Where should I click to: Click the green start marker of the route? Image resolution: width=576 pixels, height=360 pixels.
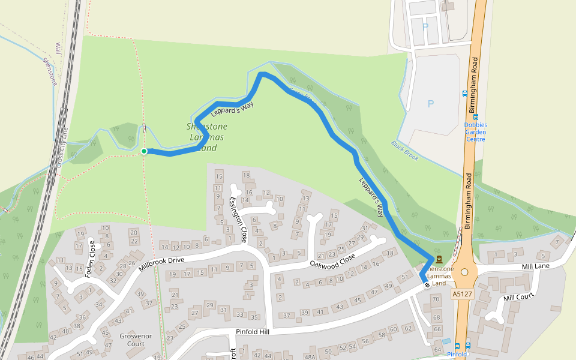(x=144, y=151)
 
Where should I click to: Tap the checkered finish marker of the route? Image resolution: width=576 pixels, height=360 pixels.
(x=427, y=284)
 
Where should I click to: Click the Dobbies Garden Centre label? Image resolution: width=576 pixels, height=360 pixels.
(x=475, y=132)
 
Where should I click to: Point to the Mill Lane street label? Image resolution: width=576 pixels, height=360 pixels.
(x=536, y=266)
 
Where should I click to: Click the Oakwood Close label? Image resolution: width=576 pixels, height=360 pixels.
(x=332, y=260)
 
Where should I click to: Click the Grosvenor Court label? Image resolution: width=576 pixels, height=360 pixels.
(x=132, y=340)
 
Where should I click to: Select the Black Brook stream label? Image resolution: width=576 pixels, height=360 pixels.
(x=404, y=150)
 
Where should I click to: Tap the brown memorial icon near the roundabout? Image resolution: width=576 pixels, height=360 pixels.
(x=439, y=259)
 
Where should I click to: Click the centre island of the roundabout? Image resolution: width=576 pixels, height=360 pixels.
(x=464, y=272)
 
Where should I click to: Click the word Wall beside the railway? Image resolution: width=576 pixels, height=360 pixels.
(x=58, y=48)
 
